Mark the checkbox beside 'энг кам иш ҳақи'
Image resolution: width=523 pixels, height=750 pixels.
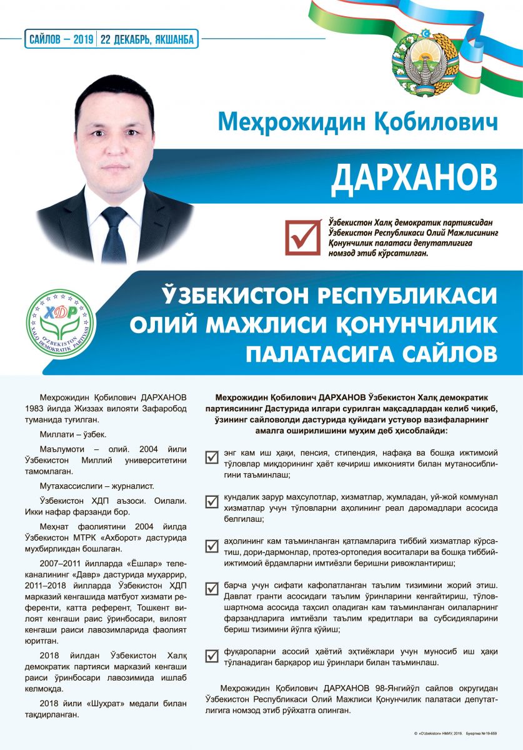pos(212,457)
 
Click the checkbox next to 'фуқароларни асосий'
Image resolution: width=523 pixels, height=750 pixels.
pos(212,656)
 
